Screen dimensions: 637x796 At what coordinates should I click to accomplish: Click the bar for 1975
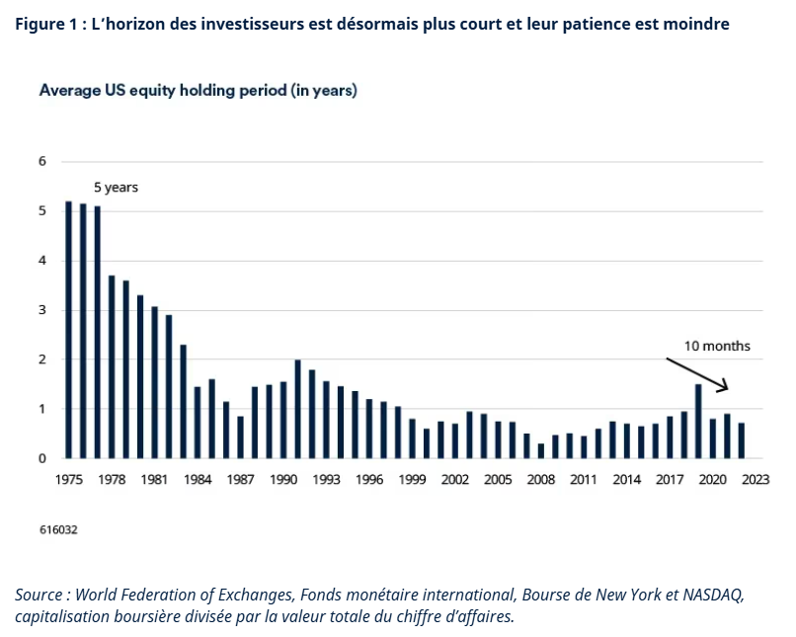coord(68,330)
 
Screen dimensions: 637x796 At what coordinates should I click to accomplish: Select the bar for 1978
coord(111,366)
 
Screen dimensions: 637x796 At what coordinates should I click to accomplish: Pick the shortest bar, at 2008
coord(541,451)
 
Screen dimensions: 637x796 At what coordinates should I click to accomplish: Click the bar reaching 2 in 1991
coord(297,409)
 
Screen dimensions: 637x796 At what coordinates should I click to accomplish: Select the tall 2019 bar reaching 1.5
coord(698,421)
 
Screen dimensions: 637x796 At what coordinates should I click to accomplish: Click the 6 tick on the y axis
coord(42,161)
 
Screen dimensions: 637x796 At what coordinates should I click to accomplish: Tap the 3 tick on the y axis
coord(42,310)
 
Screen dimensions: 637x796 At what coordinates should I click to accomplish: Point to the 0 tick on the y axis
coord(42,458)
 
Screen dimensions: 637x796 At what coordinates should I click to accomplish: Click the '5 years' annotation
coord(116,187)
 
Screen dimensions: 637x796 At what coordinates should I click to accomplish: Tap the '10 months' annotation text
coord(717,346)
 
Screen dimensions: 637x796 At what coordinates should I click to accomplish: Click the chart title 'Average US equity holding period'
coord(198,91)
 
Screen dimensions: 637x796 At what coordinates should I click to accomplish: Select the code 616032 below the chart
coord(58,529)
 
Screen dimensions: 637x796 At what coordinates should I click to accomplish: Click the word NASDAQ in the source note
coord(714,595)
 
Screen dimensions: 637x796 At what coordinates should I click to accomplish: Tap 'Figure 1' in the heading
coord(46,24)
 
